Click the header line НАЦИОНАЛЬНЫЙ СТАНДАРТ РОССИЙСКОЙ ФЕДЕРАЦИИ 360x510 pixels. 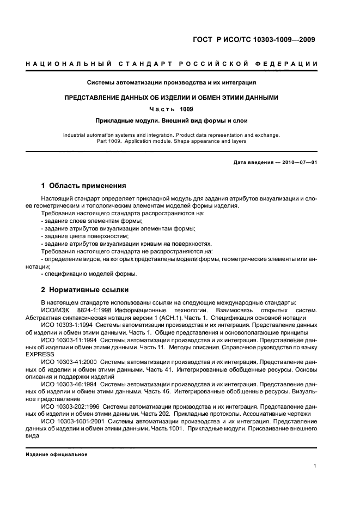click(172, 65)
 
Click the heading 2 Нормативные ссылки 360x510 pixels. click(84, 290)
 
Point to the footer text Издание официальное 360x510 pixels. click(57, 454)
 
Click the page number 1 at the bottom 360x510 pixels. click(316, 466)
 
